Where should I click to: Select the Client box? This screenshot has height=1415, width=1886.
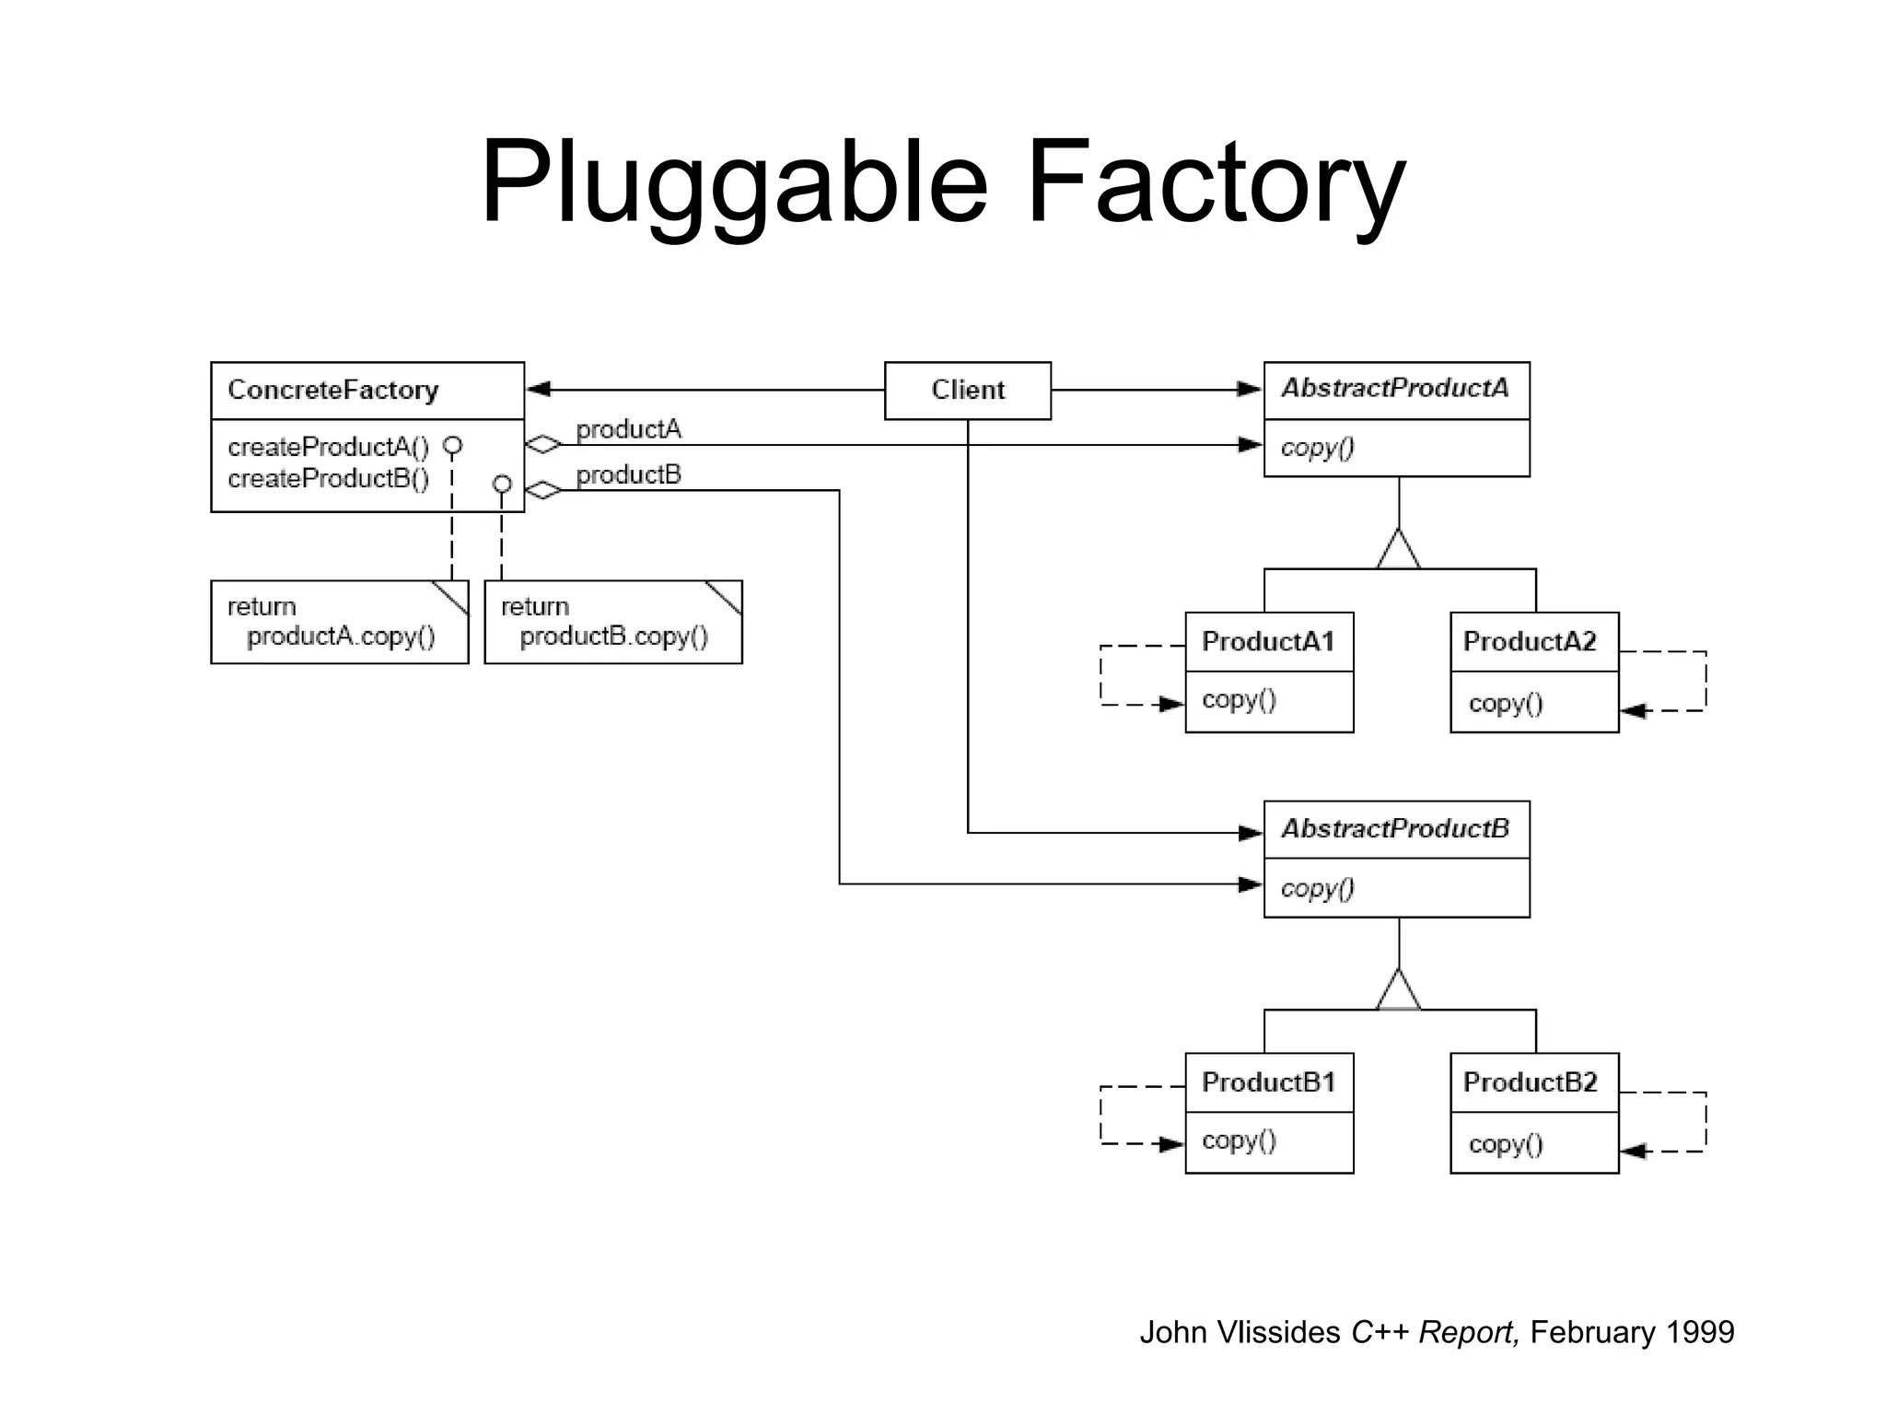pyautogui.click(x=967, y=391)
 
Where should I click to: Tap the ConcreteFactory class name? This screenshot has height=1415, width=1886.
pyautogui.click(x=332, y=391)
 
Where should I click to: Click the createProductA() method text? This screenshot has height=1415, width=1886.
pyautogui.click(x=328, y=448)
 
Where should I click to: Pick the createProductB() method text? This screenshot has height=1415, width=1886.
pyautogui.click(x=328, y=479)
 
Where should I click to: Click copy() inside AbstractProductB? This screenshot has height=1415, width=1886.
pyautogui.click(x=1317, y=888)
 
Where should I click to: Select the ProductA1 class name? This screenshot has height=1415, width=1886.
pyautogui.click(x=1267, y=641)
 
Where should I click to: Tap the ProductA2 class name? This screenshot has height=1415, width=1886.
pyautogui.click(x=1529, y=641)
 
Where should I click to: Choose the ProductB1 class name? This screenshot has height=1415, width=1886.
pyautogui.click(x=1267, y=1082)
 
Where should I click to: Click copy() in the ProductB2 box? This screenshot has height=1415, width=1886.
pyautogui.click(x=1505, y=1144)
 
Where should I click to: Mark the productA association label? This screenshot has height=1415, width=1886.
pyautogui.click(x=628, y=429)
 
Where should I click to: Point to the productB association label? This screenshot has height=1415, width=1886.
pyautogui.click(x=628, y=475)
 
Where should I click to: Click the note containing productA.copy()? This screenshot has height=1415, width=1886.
pyautogui.click(x=339, y=623)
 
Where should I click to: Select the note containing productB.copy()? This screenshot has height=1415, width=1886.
pyautogui.click(x=612, y=623)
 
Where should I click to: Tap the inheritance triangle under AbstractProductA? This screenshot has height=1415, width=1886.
pyautogui.click(x=1398, y=552)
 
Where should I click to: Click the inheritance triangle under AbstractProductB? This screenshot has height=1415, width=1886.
pyautogui.click(x=1398, y=992)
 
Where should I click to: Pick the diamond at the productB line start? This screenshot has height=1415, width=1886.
pyautogui.click(x=543, y=490)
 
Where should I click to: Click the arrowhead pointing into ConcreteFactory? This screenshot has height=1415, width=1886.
pyautogui.click(x=538, y=390)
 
